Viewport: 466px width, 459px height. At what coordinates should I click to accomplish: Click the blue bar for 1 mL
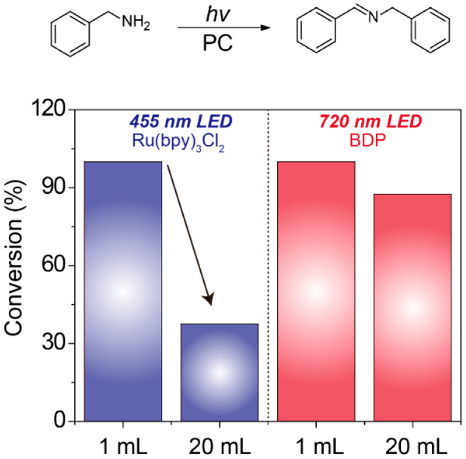pos(123,291)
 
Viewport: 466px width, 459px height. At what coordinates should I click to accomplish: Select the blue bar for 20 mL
pos(219,372)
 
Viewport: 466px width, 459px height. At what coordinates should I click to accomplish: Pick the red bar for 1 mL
pos(316,291)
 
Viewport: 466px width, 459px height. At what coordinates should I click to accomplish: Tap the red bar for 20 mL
pos(412,307)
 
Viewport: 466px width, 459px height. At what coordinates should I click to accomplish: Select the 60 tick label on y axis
pos(54,265)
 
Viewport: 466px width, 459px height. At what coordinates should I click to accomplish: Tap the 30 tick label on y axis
pos(54,343)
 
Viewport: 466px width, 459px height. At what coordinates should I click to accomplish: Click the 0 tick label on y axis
pos(61,421)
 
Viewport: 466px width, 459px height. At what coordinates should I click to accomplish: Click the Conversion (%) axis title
pos(13,258)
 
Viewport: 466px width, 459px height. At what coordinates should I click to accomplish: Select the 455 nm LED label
pos(181,121)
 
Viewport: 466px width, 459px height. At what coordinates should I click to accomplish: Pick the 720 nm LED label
pos(371,121)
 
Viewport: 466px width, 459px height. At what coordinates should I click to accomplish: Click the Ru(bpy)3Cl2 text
pos(178,141)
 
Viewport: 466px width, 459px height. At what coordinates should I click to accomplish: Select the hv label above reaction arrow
pos(218,15)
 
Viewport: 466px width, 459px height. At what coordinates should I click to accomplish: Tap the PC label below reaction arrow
pos(218,43)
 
